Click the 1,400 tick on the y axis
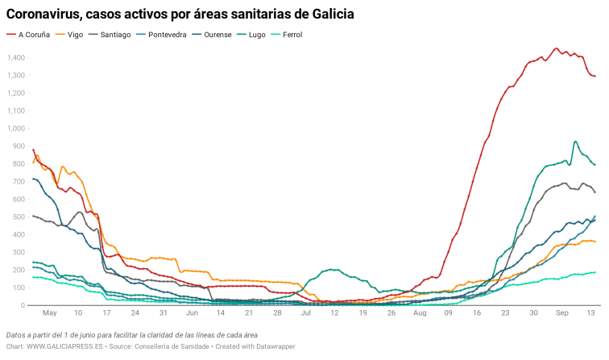click(15, 57)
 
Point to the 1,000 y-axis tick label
click(15, 128)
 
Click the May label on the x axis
click(50, 312)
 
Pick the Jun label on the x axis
click(192, 312)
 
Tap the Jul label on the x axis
click(305, 312)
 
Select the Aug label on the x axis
click(419, 312)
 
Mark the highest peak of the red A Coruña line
click(557, 48)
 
